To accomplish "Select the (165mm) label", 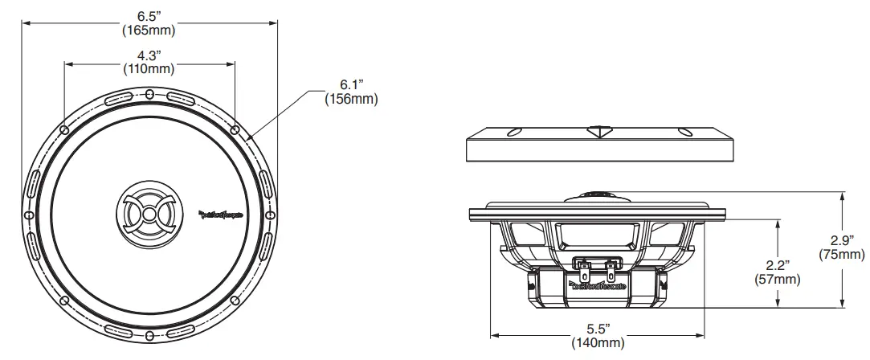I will pyautogui.click(x=149, y=31).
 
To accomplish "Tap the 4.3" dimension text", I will pyautogui.click(x=149, y=55).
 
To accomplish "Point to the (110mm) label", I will pyautogui.click(x=149, y=69).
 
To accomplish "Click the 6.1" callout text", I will pyautogui.click(x=352, y=84).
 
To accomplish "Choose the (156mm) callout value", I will pyautogui.click(x=351, y=99).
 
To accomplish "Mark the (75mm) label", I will pyautogui.click(x=841, y=255).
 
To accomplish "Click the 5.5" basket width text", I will pyautogui.click(x=598, y=329).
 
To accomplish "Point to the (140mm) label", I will pyautogui.click(x=598, y=343).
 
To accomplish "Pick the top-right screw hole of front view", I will pyautogui.click(x=235, y=129).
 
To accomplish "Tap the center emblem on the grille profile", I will pyautogui.click(x=598, y=130).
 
